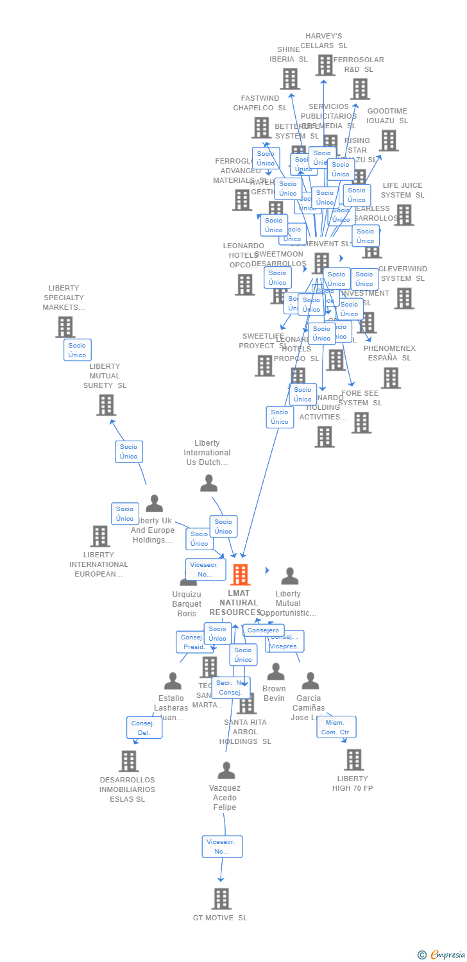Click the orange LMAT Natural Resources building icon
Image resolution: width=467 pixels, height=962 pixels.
pyautogui.click(x=241, y=575)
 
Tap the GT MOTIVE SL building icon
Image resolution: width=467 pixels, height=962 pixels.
pyautogui.click(x=221, y=899)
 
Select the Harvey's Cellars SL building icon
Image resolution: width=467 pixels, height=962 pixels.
pyautogui.click(x=325, y=65)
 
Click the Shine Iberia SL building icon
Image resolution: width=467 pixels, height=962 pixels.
pyautogui.click(x=290, y=79)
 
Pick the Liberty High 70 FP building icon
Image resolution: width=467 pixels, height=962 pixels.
pyautogui.click(x=353, y=759)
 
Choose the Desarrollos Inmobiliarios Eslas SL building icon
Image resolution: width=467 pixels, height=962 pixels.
pyautogui.click(x=128, y=761)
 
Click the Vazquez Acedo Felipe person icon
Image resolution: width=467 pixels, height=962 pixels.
pyautogui.click(x=226, y=770)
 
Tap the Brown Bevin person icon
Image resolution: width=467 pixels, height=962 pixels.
pyautogui.click(x=276, y=671)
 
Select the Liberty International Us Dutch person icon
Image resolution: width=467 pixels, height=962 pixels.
pyautogui.click(x=208, y=483)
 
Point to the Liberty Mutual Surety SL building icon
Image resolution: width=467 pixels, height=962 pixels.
pyautogui.click(x=106, y=405)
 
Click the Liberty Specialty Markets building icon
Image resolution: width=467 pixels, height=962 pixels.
pyautogui.click(x=65, y=326)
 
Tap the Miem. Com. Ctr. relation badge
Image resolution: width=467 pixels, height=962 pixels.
pyautogui.click(x=336, y=727)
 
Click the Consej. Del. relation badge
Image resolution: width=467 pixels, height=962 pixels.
pyautogui.click(x=144, y=727)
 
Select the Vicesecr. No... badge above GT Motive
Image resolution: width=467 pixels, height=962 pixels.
pyautogui.click(x=222, y=847)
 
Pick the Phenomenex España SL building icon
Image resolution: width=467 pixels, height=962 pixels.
pyautogui.click(x=390, y=378)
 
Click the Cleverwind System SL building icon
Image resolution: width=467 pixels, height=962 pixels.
pyautogui.click(x=403, y=298)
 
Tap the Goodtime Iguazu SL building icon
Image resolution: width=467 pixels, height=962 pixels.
pyautogui.click(x=388, y=140)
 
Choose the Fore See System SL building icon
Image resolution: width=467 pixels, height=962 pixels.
pyautogui.click(x=361, y=423)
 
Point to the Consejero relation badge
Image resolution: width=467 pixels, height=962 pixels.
pyautogui.click(x=263, y=630)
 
